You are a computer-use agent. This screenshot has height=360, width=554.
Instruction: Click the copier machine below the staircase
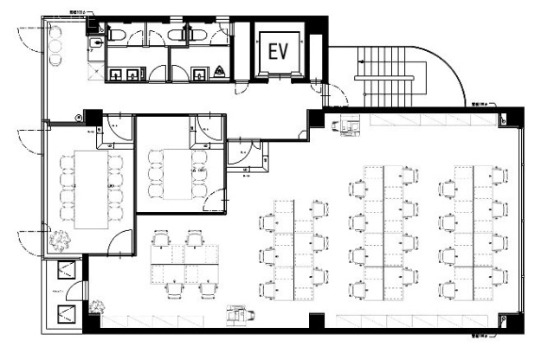pos(352,126)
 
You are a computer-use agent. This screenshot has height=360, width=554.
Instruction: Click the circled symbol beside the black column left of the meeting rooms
pos(81,114)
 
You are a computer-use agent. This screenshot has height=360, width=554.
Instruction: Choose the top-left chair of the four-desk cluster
pos(161,237)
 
